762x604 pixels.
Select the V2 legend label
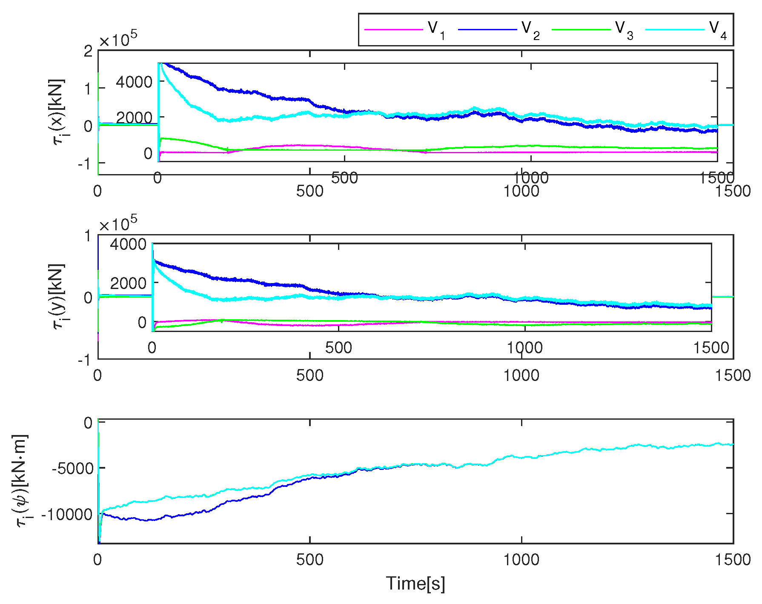[x=530, y=29]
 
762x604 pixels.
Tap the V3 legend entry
[x=624, y=29]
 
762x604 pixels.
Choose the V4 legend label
[x=717, y=29]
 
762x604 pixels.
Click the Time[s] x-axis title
[x=415, y=583]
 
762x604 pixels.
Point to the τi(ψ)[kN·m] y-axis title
[x=21, y=481]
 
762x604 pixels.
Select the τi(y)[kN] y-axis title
[x=58, y=296]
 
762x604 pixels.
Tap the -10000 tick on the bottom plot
[x=67, y=514]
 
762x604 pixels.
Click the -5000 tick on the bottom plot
[x=72, y=468]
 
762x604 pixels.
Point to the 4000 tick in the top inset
[x=134, y=82]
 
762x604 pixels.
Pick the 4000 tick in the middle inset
[x=128, y=244]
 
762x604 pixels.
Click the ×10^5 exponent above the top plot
[x=118, y=39]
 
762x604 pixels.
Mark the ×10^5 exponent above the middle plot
[x=118, y=223]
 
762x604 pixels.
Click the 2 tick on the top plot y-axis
[x=88, y=52]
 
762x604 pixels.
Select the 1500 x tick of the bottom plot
[x=732, y=559]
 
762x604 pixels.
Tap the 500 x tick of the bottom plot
[x=309, y=559]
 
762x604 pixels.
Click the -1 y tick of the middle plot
[x=84, y=360]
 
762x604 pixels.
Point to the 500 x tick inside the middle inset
[x=338, y=348]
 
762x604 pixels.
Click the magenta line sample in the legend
[x=394, y=29]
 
